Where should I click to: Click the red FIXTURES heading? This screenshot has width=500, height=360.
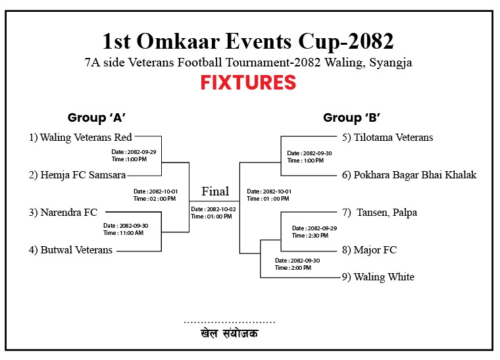pos(248,82)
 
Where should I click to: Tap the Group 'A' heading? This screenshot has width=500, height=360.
pos(96,118)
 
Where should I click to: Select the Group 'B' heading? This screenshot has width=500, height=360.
pos(351,118)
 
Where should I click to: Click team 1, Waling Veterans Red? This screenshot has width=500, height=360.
pos(80,138)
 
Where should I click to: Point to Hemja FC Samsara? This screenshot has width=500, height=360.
pos(77,175)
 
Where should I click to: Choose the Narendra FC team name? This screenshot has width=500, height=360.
pos(63,213)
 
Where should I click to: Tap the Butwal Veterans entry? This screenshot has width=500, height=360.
pos(70,249)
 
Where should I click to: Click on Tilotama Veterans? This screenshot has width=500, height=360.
pos(387,138)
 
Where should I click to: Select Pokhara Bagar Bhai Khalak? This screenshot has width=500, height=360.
pos(409,175)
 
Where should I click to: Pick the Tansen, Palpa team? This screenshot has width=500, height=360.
pos(380,213)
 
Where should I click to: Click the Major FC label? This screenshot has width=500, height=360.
pos(369,250)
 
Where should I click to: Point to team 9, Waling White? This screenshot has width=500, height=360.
pos(378,277)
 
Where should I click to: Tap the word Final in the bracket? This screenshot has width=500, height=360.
pos(215,192)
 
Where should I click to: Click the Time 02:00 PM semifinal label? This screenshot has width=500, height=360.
pos(155,199)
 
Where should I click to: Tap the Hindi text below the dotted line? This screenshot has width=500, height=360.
pos(229,334)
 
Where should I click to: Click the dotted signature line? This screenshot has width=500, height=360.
pos(229,322)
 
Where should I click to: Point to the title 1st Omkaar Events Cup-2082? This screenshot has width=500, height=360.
pos(248,41)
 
